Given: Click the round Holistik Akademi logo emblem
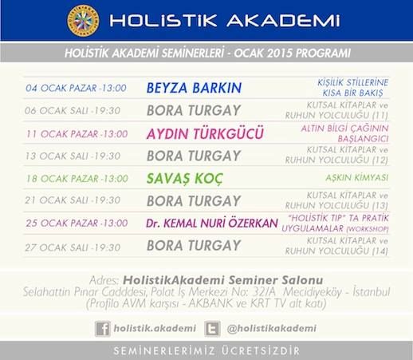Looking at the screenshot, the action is click(x=83, y=21).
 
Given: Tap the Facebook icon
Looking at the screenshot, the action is click(x=103, y=329).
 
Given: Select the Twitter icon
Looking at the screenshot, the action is click(x=212, y=329).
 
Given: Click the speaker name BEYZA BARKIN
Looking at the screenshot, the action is click(x=194, y=88).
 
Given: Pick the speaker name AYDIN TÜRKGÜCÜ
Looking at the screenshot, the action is click(x=205, y=133).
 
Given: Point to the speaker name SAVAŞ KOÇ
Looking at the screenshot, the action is click(x=184, y=179).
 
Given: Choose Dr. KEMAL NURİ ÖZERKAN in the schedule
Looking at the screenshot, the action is click(x=212, y=223).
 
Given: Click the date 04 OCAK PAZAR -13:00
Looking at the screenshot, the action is click(x=76, y=88).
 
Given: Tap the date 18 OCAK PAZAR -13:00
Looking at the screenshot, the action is click(x=77, y=178).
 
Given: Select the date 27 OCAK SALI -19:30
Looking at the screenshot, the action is click(x=73, y=247).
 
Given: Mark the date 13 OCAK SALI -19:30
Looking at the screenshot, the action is click(x=73, y=156).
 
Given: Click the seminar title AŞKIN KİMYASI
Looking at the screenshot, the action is click(x=357, y=178).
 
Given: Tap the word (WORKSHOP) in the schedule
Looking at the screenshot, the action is click(x=368, y=229).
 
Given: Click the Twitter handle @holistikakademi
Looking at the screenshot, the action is click(x=272, y=328).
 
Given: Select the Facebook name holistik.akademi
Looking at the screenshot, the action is click(x=155, y=328).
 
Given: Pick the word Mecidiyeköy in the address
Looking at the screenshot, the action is click(x=313, y=292).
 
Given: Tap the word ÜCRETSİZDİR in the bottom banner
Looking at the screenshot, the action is click(x=261, y=350).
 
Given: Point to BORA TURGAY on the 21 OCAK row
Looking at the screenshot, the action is click(x=194, y=201).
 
